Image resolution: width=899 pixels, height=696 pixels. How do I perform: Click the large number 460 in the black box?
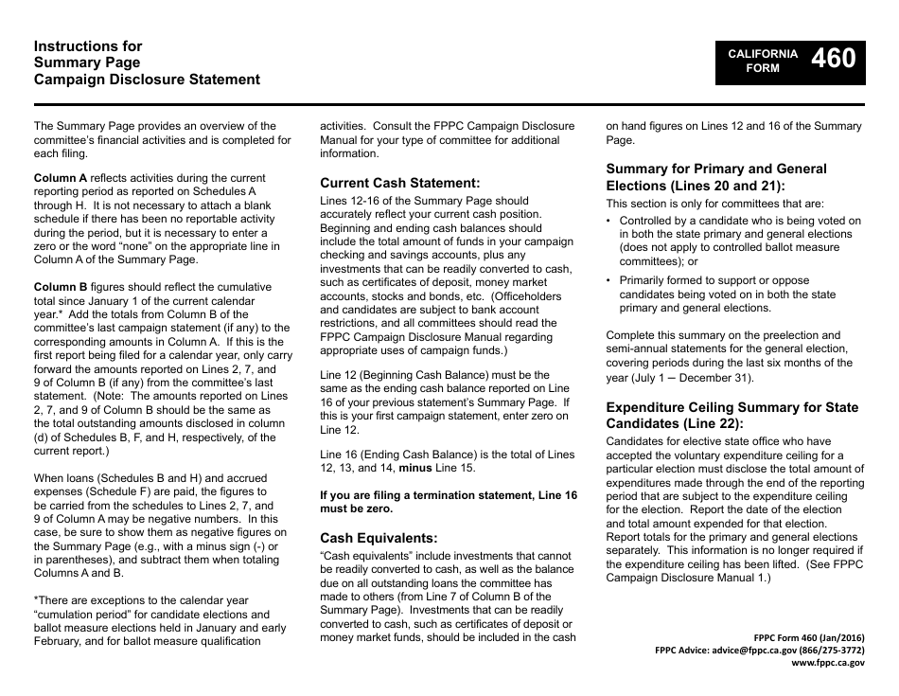pos(834,59)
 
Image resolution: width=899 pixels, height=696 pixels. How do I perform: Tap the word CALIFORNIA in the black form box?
pos(762,54)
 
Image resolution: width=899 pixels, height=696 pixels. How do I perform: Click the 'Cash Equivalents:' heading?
pos(379,537)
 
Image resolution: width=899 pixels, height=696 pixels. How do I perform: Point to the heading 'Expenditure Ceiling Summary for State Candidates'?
pos(732,415)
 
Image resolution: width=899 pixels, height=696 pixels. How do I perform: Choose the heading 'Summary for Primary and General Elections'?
pos(715,177)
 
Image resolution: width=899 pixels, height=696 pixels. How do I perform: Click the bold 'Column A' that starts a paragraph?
pos(61,178)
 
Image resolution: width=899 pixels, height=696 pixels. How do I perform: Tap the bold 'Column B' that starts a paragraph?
pos(61,287)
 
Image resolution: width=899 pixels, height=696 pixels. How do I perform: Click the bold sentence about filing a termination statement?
pos(448,502)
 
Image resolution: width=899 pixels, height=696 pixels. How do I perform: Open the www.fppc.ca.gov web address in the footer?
pos(827,664)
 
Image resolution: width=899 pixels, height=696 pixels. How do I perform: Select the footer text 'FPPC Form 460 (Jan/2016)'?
pos(806,637)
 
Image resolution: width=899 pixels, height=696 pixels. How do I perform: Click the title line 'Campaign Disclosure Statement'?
pos(147,80)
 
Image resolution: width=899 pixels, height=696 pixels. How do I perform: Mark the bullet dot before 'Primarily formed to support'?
pos(609,280)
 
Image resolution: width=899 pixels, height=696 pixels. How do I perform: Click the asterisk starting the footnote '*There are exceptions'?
pos(36,600)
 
